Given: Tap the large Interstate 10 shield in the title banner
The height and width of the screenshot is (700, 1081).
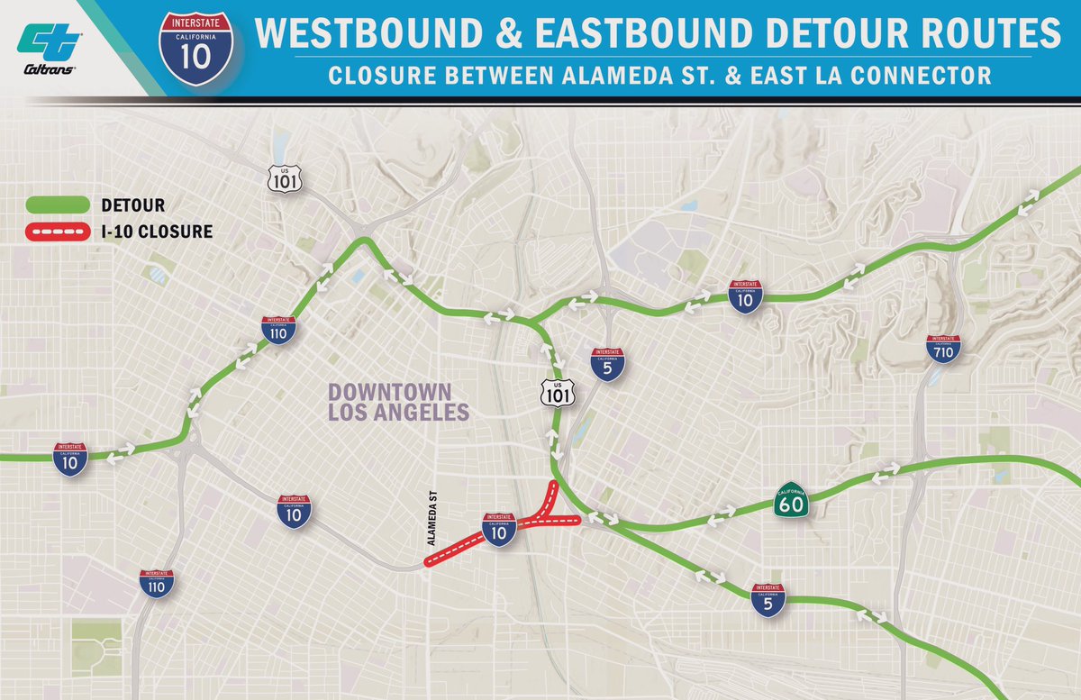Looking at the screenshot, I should (197, 50).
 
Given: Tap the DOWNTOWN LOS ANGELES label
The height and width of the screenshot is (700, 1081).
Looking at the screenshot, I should (398, 403).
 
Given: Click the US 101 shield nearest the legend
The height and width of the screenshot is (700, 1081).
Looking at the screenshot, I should (283, 177).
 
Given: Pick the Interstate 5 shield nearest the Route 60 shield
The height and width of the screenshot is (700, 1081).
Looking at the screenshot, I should (768, 599).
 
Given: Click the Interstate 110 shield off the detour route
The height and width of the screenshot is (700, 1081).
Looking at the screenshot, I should (158, 586).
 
